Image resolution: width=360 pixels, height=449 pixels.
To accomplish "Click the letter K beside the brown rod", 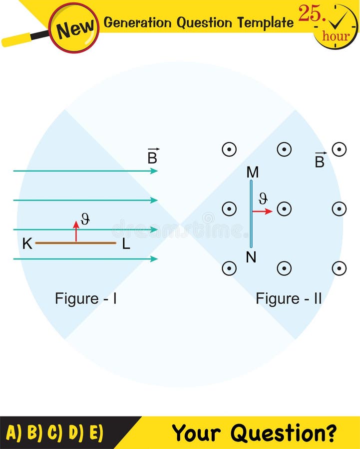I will click(27, 244).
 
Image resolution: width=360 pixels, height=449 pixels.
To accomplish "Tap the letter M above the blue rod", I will click(253, 173).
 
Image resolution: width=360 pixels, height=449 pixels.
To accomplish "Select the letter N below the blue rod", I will click(251, 257).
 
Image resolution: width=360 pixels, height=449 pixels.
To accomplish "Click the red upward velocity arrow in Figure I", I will click(76, 231).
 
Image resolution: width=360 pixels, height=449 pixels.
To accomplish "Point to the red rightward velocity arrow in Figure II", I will click(262, 212).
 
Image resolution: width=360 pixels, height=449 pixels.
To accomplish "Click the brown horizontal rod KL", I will click(75, 243).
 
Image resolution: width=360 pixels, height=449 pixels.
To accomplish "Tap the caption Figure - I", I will click(86, 298).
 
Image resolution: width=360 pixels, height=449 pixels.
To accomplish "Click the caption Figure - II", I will click(289, 298).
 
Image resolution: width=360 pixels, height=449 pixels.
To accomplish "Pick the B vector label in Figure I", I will click(153, 157).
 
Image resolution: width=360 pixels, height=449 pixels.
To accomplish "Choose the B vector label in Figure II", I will click(320, 161).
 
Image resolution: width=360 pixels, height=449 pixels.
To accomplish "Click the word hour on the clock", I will click(336, 36).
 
